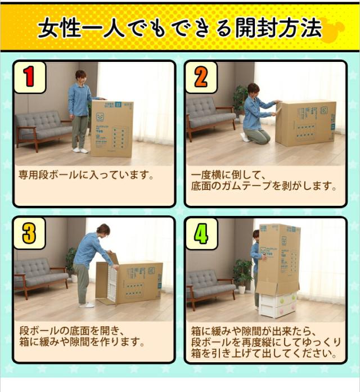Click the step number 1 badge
29,78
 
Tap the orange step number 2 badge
201,78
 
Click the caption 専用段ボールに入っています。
86,175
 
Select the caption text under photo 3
83,336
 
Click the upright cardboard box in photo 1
111,129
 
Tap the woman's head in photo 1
80,76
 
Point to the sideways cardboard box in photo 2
305,123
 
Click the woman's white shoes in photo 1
80,150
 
